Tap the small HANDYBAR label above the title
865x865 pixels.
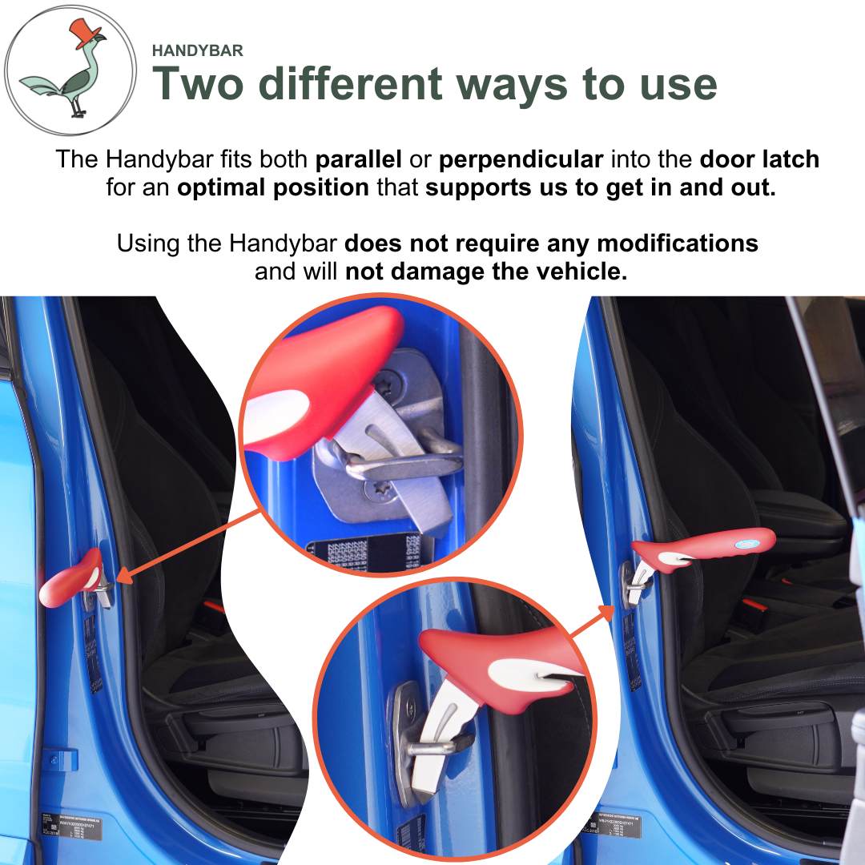(197, 50)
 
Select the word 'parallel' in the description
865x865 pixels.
(358, 159)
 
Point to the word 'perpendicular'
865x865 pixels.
(521, 159)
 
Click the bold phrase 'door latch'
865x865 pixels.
(759, 159)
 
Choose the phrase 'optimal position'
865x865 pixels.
(273, 188)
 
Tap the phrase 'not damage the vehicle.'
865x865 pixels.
(486, 271)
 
